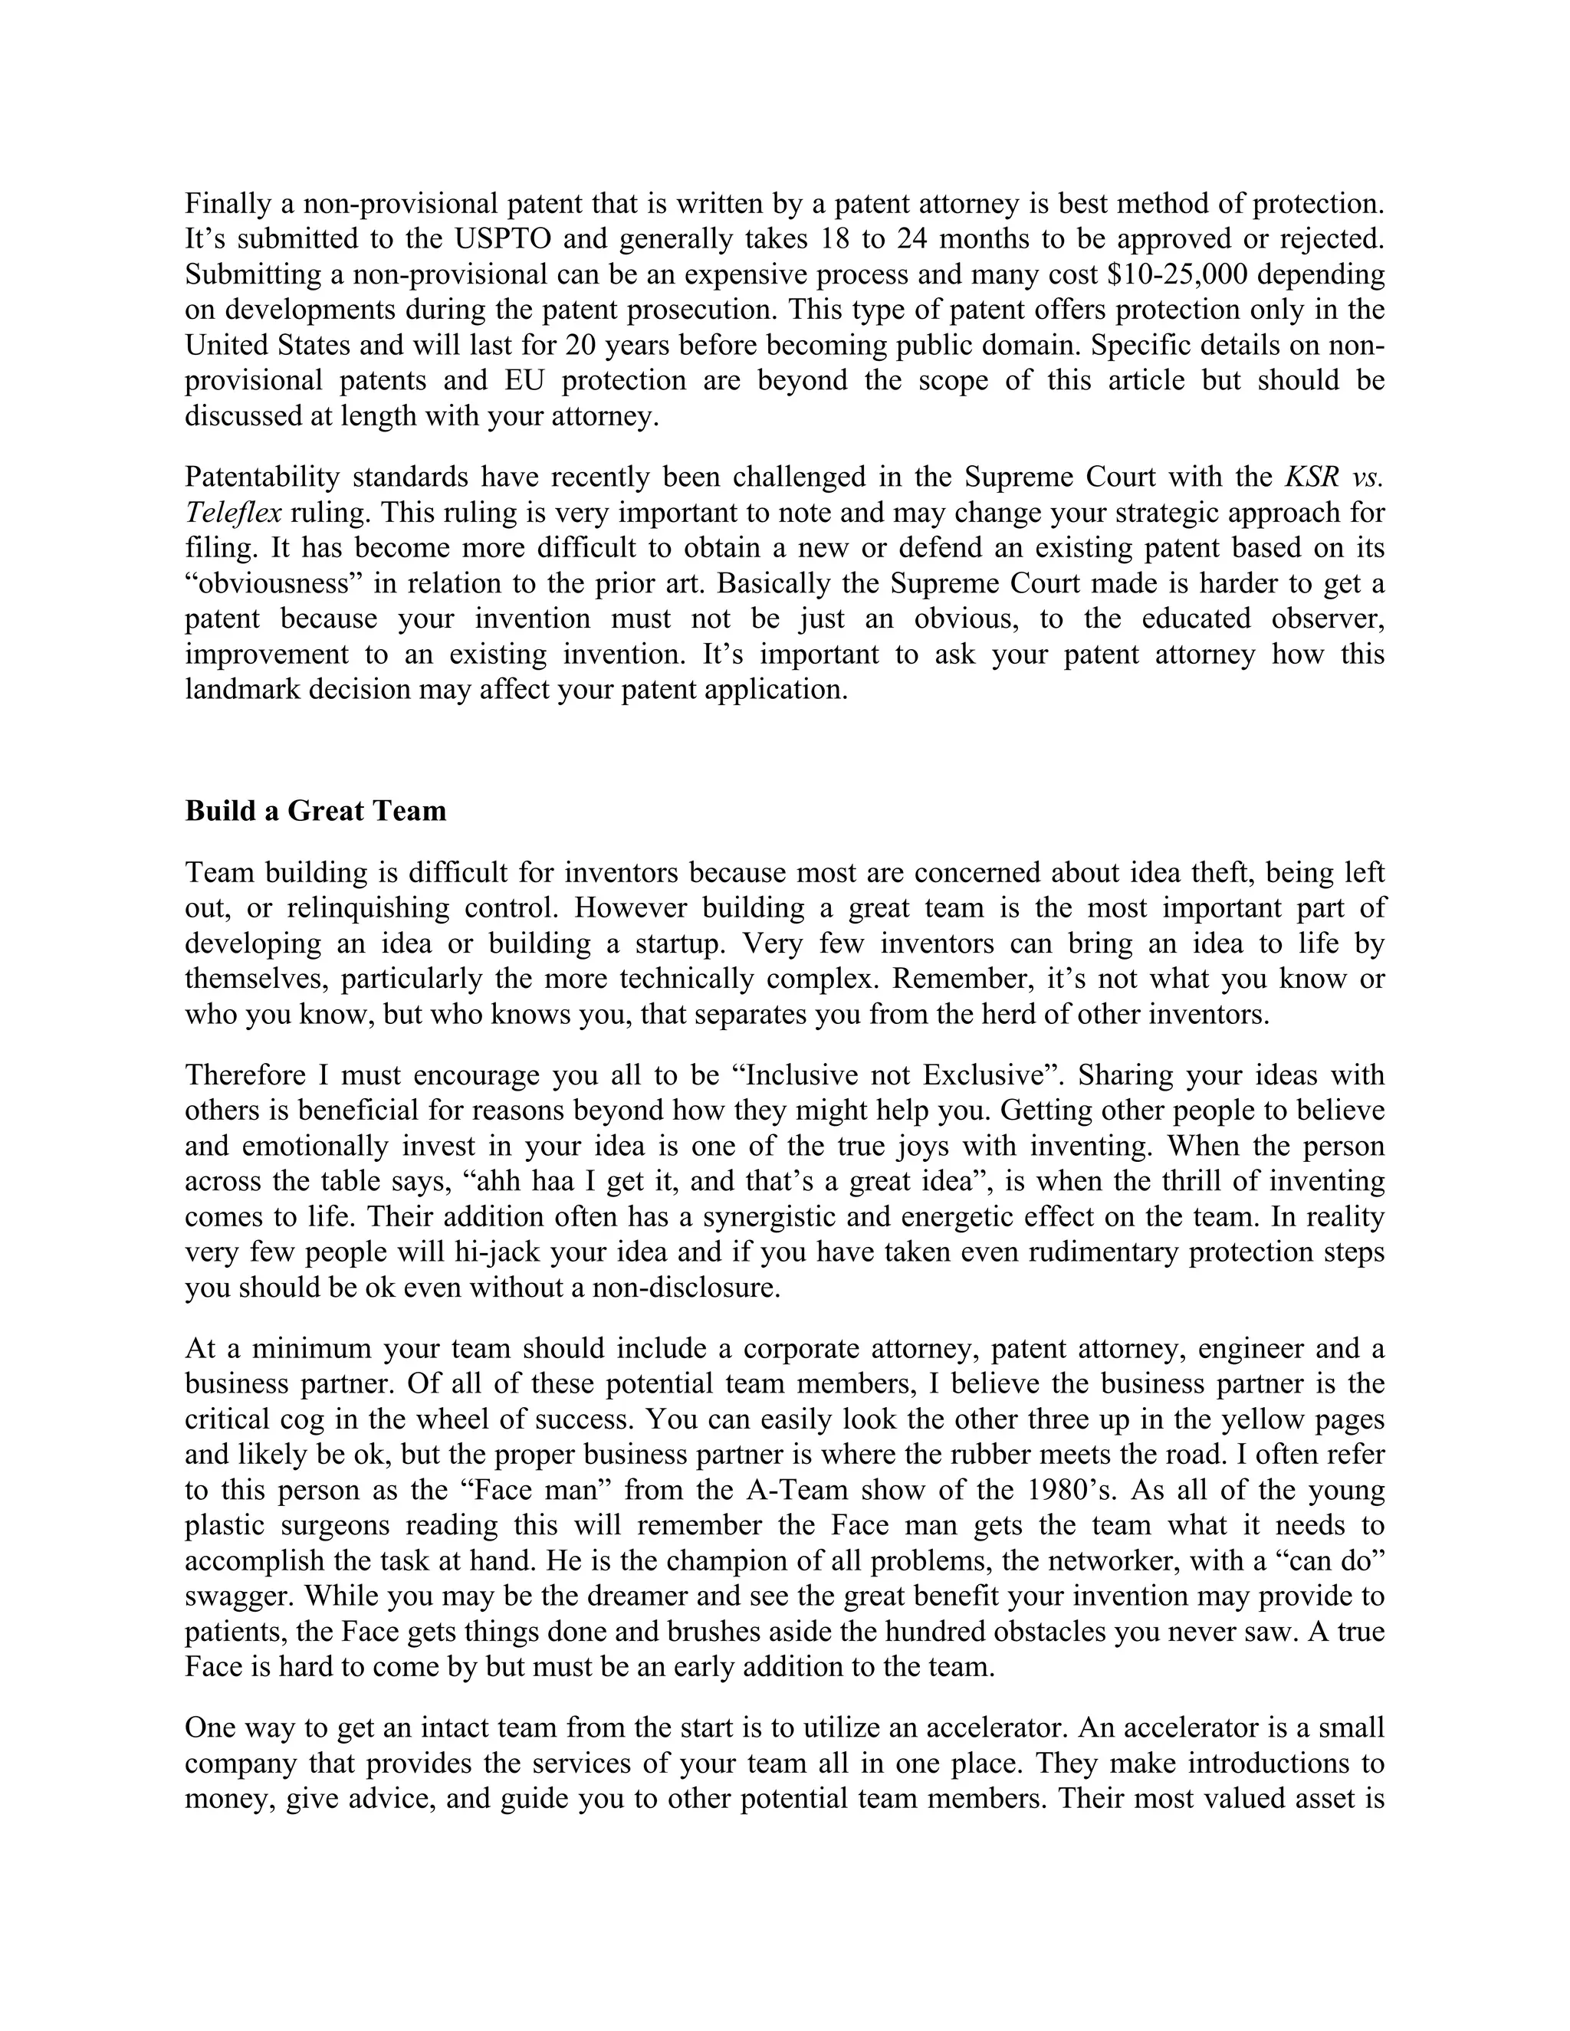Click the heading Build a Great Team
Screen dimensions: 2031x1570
pyautogui.click(x=315, y=811)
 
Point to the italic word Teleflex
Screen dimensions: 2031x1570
pyautogui.click(x=232, y=513)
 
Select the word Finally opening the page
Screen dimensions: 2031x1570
pyautogui.click(x=228, y=204)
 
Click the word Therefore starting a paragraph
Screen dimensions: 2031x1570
pyautogui.click(x=245, y=1075)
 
